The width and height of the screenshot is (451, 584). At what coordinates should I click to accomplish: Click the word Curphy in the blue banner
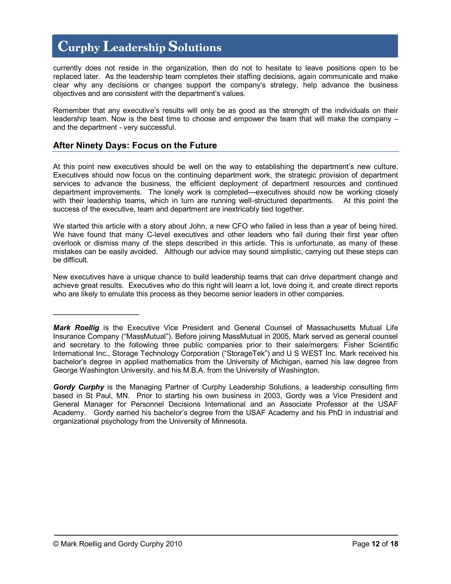[79, 47]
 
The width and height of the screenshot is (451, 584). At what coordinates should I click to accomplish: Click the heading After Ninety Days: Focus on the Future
[135, 145]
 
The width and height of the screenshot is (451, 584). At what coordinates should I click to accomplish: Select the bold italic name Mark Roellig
[76, 328]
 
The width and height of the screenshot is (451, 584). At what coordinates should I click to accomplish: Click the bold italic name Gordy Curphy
[79, 387]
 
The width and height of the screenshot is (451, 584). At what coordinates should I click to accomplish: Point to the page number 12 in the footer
[375, 544]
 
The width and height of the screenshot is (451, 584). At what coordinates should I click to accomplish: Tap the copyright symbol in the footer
[55, 544]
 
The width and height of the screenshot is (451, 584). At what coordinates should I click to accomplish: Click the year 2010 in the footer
[174, 544]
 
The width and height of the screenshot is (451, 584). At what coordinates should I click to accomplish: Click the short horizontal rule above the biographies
[96, 314]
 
